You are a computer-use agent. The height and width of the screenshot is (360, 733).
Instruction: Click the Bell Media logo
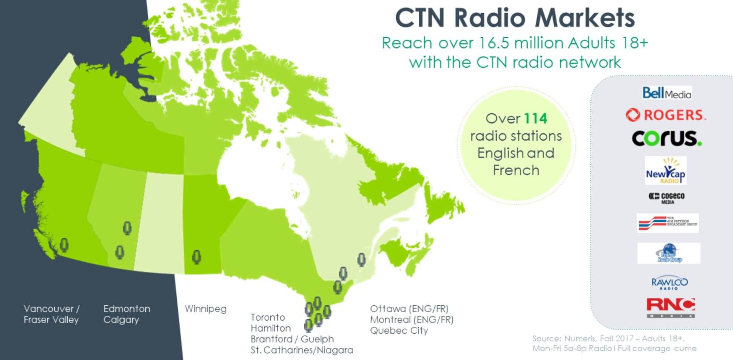click(666, 93)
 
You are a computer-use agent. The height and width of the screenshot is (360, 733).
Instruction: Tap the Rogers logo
click(666, 115)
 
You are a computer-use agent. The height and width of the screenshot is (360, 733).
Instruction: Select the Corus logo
click(666, 138)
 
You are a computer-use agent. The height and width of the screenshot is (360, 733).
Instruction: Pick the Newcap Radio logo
click(665, 171)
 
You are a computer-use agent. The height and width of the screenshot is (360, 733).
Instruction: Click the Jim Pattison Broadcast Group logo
click(668, 223)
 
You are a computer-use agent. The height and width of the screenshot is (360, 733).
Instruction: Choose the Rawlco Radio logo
click(669, 283)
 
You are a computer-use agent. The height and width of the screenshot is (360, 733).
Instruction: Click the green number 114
click(535, 118)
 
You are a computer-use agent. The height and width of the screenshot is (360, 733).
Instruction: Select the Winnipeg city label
click(205, 309)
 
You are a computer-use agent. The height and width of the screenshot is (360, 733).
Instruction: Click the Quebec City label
click(399, 331)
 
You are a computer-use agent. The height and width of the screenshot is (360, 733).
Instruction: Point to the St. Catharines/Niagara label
click(302, 350)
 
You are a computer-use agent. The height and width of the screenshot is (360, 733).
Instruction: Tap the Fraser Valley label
click(51, 320)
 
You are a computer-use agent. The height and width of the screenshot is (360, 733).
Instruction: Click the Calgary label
click(121, 320)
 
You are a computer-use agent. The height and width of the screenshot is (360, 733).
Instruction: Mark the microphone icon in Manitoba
click(197, 257)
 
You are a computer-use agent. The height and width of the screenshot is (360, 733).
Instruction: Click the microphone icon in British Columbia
click(64, 245)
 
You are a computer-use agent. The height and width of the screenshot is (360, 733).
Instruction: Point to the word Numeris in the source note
click(580, 339)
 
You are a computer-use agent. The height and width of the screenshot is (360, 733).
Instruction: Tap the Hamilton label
click(271, 328)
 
